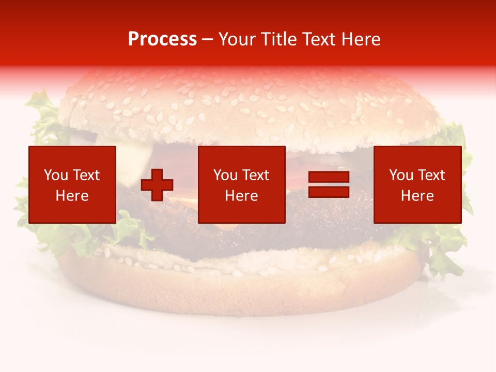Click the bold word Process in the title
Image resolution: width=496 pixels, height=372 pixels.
162,39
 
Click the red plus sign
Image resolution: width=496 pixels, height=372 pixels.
157,185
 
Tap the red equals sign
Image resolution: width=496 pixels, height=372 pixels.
329,185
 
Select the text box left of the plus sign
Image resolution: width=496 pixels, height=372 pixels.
72,184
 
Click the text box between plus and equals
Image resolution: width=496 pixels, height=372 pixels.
241,184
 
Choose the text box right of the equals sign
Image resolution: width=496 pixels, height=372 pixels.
417,184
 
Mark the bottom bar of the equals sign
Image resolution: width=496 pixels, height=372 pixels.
329,192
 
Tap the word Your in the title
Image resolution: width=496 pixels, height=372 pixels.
238,39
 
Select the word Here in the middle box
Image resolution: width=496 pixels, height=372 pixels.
241,196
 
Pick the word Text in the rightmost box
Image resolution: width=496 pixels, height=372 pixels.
432,175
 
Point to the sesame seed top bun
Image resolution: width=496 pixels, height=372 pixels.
248,109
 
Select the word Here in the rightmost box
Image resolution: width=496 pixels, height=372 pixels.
417,196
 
